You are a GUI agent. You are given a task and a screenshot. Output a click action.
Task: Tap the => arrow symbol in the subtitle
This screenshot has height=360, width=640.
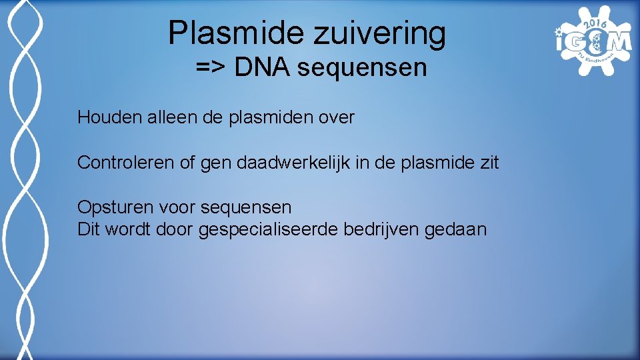(209, 68)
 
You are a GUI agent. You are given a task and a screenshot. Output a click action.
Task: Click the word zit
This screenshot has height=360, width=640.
(487, 163)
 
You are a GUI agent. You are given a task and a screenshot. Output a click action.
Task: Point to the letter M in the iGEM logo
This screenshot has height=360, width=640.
(619, 41)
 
